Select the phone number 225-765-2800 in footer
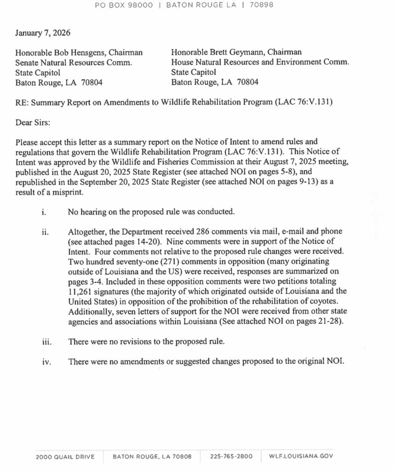pyautogui.click(x=231, y=457)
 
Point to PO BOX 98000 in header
pyautogui.click(x=124, y=6)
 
